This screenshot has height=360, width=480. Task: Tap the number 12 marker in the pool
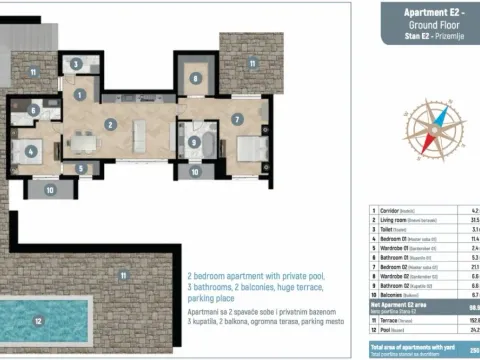pyautogui.click(x=38, y=321)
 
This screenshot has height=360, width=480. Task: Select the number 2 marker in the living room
pyautogui.click(x=110, y=125)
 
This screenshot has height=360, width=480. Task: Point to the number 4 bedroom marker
pyautogui.click(x=32, y=153)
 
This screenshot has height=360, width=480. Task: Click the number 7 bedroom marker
pyautogui.click(x=237, y=120)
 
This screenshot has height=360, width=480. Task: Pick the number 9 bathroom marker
pyautogui.click(x=193, y=142)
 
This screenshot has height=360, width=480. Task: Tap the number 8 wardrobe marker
pyautogui.click(x=196, y=77)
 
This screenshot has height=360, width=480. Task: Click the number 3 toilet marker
pyautogui.click(x=77, y=63)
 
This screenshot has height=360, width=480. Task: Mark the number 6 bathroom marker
pyautogui.click(x=34, y=110)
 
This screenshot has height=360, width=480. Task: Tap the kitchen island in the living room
pyautogui.click(x=141, y=133)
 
